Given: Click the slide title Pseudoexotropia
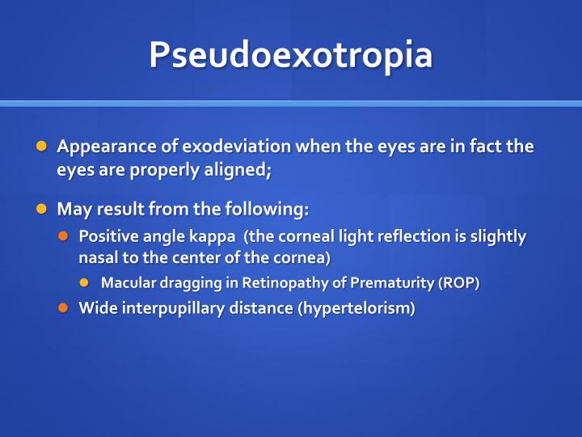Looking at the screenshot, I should [291, 54].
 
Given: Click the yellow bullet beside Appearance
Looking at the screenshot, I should [42, 146].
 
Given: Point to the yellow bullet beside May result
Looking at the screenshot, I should [42, 209].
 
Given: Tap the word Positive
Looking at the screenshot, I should [110, 236].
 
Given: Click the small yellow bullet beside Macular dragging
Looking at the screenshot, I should [86, 282].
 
